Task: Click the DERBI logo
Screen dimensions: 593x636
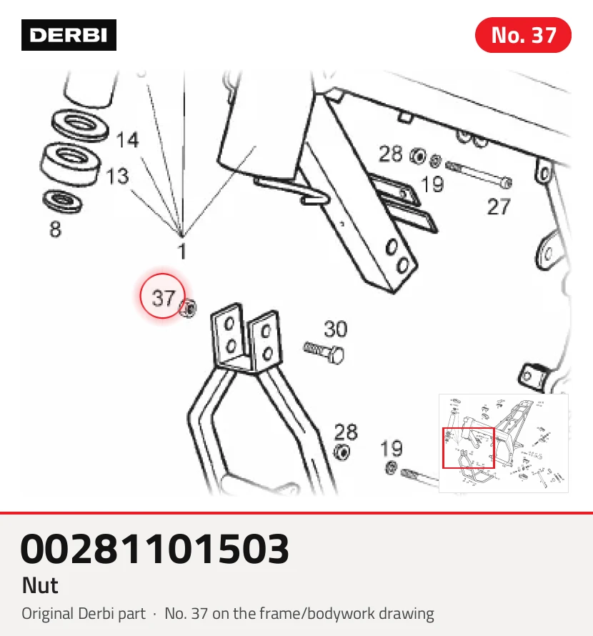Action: click(69, 35)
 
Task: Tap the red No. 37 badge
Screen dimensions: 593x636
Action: click(523, 35)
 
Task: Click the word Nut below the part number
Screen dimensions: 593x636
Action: click(40, 585)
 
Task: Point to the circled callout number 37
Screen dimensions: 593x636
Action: click(163, 298)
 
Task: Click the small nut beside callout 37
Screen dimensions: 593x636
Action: click(189, 308)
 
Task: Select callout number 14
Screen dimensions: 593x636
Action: click(127, 140)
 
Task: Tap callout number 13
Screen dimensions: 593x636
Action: click(117, 177)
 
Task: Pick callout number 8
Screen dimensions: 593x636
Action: click(55, 229)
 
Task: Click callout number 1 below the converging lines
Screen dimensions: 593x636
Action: click(182, 251)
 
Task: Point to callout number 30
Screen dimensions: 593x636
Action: click(336, 329)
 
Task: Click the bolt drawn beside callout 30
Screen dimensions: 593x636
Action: click(324, 352)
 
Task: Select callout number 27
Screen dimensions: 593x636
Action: click(499, 207)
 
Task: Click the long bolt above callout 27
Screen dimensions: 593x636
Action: click(479, 174)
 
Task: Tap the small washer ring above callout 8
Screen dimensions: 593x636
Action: click(61, 201)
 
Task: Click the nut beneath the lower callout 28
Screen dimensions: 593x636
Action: click(342, 452)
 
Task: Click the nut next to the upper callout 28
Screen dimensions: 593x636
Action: click(418, 156)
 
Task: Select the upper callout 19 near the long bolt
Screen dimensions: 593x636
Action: click(432, 184)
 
